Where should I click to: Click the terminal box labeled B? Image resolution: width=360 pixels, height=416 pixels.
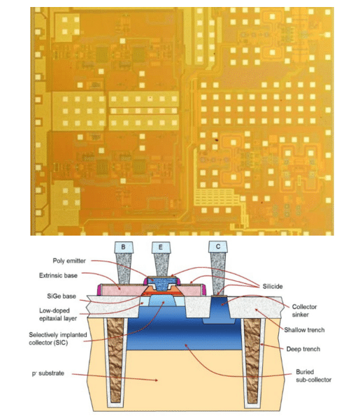(x=124, y=247)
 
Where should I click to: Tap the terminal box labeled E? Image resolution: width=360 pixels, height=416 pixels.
(x=161, y=248)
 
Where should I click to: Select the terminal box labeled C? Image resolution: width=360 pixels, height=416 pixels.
(x=218, y=247)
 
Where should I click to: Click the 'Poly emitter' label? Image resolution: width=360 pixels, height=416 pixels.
(x=69, y=261)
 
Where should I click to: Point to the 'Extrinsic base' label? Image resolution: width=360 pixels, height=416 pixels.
(x=58, y=275)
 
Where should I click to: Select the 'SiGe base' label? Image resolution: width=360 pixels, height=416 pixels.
(x=62, y=296)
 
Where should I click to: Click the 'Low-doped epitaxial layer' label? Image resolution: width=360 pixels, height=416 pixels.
(x=58, y=315)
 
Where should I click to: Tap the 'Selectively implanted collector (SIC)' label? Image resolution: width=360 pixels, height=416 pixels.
(x=58, y=338)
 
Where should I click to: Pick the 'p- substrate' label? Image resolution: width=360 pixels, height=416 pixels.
(x=48, y=373)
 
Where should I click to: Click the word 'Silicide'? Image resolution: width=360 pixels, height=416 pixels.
(x=273, y=286)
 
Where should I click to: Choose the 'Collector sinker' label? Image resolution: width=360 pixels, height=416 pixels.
(x=304, y=310)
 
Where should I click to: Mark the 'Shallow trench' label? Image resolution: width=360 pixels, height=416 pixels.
(x=304, y=330)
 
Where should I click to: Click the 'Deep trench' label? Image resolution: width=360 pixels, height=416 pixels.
(x=303, y=349)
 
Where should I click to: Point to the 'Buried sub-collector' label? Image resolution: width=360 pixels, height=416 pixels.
(x=314, y=375)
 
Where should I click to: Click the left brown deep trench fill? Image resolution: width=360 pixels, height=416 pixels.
(x=115, y=361)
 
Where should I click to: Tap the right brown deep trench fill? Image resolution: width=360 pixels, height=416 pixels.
(x=253, y=361)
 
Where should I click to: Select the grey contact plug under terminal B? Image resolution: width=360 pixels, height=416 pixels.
(x=124, y=268)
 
